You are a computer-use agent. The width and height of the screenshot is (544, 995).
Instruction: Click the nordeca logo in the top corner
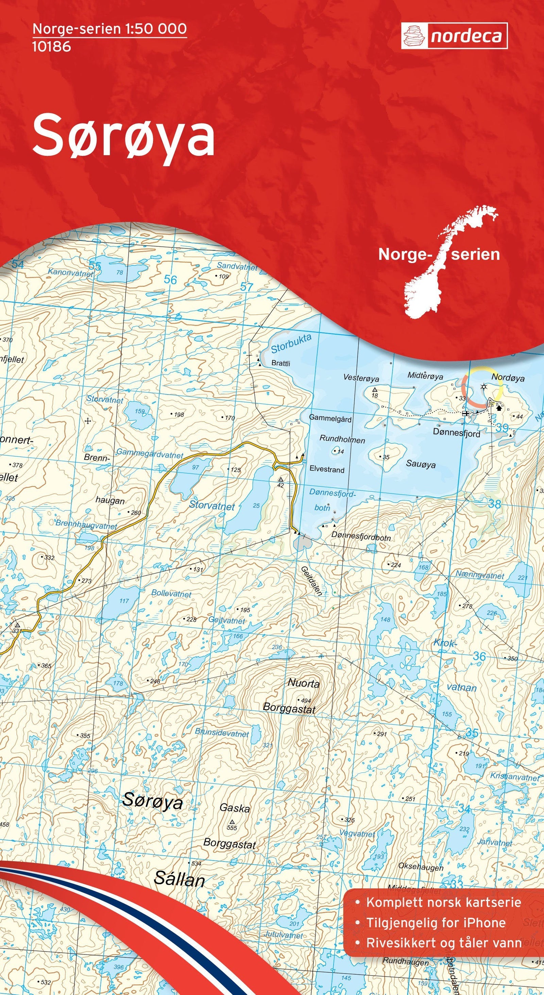[x=454, y=36]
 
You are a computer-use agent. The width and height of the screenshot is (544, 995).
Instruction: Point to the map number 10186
[x=51, y=47]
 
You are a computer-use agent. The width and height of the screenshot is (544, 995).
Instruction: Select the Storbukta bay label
[x=291, y=343]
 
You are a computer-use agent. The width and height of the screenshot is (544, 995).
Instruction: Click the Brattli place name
[x=280, y=363]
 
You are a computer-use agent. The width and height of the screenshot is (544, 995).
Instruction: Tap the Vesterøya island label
[x=361, y=378]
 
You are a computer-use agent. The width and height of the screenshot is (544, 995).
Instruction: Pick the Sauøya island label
[x=421, y=464]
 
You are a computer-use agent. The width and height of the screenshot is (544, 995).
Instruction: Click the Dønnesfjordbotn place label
[x=361, y=537]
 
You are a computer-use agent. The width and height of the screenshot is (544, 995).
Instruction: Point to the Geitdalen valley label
[x=311, y=580]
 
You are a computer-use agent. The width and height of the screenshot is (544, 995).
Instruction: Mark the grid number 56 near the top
[x=170, y=280]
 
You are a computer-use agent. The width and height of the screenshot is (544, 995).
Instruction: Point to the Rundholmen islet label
[x=342, y=439]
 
